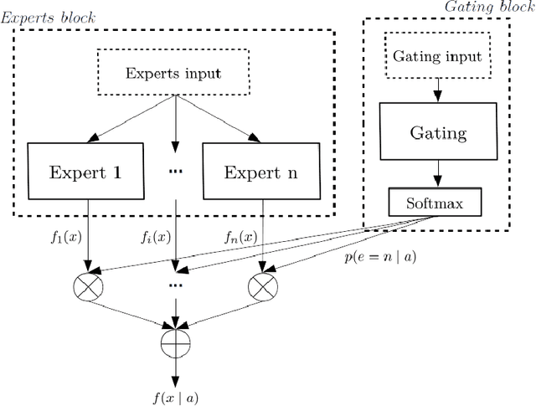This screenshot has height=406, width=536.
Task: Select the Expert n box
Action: coord(261,172)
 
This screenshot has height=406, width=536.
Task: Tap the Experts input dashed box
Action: coord(173,73)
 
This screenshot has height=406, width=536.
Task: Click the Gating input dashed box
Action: coord(436,57)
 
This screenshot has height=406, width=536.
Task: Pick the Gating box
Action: coord(436,132)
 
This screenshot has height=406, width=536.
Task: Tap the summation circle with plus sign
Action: coord(174,343)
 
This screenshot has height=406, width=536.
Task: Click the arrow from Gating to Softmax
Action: coord(436,173)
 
